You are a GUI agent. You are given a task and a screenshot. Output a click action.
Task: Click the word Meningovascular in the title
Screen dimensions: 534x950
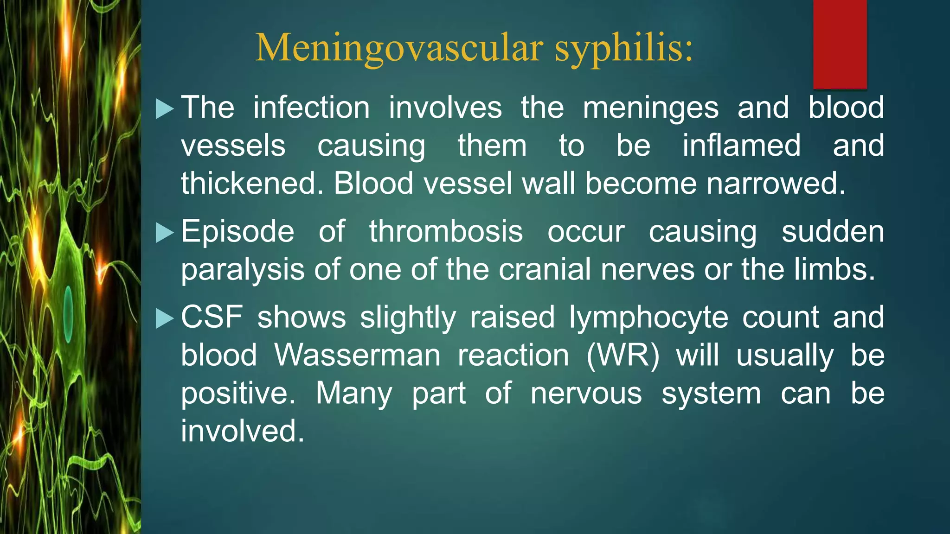[x=399, y=48]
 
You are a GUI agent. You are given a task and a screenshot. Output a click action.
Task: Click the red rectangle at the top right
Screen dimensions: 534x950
[x=840, y=44]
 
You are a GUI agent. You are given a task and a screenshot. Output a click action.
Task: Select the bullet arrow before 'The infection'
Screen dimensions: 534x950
[x=164, y=109]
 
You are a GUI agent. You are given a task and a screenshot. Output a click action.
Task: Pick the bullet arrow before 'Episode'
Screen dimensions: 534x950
[x=164, y=233]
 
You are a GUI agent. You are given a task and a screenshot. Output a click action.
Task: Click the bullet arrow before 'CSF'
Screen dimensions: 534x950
[x=164, y=318]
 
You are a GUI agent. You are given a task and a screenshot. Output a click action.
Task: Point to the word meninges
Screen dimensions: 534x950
[x=650, y=108]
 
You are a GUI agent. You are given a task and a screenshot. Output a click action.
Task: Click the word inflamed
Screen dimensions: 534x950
[x=741, y=146]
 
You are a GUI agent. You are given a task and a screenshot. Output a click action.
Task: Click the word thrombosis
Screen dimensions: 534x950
[x=446, y=231]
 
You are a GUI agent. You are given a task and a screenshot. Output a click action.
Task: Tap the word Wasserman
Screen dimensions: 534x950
[x=357, y=356]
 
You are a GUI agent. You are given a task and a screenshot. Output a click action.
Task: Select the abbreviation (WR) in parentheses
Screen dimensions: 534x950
[x=623, y=356]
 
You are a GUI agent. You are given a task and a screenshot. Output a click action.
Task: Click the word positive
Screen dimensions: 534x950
[x=237, y=394]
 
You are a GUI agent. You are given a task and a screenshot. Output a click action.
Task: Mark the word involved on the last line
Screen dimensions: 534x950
[x=242, y=431]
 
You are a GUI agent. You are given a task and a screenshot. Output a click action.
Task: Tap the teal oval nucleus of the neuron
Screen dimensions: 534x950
[x=68, y=314]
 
